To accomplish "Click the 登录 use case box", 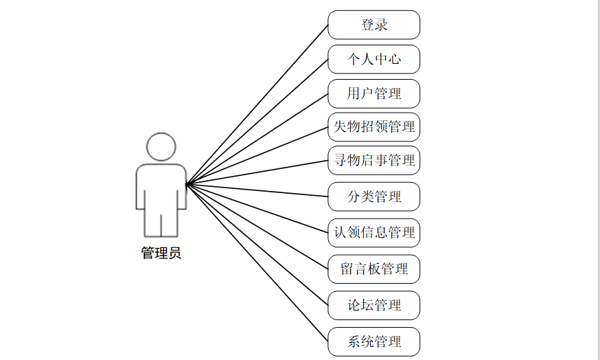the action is (x=373, y=25).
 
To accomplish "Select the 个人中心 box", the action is (x=373, y=59).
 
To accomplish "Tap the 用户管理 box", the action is (x=373, y=93).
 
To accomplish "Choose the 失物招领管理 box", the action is (x=373, y=127).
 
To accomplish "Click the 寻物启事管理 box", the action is (x=373, y=161).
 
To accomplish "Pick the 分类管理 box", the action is (x=373, y=197).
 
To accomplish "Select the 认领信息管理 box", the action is (x=373, y=232).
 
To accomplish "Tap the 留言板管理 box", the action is (x=373, y=269).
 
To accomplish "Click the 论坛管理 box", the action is (x=373, y=305).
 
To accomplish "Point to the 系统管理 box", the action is (x=373, y=341).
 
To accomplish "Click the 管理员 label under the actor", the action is (x=161, y=254).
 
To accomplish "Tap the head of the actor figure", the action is (x=161, y=147).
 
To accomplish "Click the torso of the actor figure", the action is (x=161, y=185).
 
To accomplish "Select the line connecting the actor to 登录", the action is (x=257, y=104).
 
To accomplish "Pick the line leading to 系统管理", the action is (x=257, y=263).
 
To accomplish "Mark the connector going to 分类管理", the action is (x=257, y=190).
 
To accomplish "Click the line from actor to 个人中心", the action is (x=257, y=122).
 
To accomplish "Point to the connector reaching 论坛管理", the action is (x=257, y=245).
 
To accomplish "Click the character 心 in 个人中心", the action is (x=394, y=59).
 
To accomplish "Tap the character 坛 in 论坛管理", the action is (x=367, y=305).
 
